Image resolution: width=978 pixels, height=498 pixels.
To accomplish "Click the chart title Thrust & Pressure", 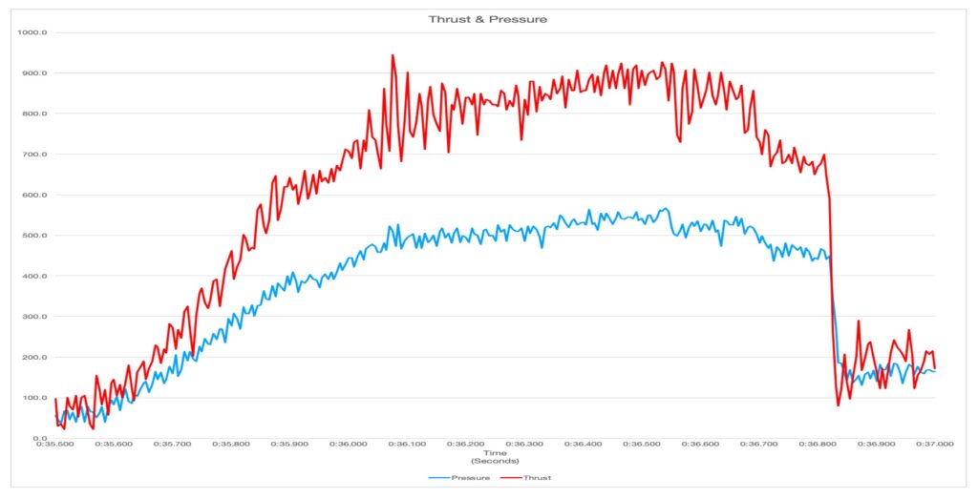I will pos(488,19).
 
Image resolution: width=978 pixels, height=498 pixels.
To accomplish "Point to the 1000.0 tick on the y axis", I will pos(33,32).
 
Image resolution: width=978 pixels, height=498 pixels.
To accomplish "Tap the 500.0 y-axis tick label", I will pos(35,236).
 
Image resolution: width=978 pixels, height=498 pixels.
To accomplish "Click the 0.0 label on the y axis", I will pos(40,438).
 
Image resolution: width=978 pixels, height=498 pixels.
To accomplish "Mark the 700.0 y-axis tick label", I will pos(35,155).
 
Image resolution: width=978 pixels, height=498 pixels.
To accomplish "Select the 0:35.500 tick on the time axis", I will pos(55,445).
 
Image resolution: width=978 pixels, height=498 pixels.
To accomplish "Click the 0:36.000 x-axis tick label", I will pos(349,445).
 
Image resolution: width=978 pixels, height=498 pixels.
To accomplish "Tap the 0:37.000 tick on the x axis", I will pos(935,445).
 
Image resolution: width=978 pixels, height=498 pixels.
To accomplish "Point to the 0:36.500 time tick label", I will pos(642,445).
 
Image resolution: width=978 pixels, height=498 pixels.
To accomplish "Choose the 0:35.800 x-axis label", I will pos(231,445).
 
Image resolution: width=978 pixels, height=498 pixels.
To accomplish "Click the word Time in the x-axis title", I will pos(495,453).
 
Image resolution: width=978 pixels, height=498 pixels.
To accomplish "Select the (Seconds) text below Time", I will pos(495,461).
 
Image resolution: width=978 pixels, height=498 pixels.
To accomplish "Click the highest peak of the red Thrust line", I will pos(393,55).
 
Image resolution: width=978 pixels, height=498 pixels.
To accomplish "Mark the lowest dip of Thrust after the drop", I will pos(839,405).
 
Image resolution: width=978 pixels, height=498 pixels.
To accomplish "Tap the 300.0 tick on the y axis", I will pos(35,317).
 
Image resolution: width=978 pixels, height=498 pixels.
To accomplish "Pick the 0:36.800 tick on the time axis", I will pos(818,445).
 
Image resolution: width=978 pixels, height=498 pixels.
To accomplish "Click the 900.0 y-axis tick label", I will pos(35,73).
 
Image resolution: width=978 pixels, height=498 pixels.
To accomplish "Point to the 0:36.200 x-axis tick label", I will pos(466,445).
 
